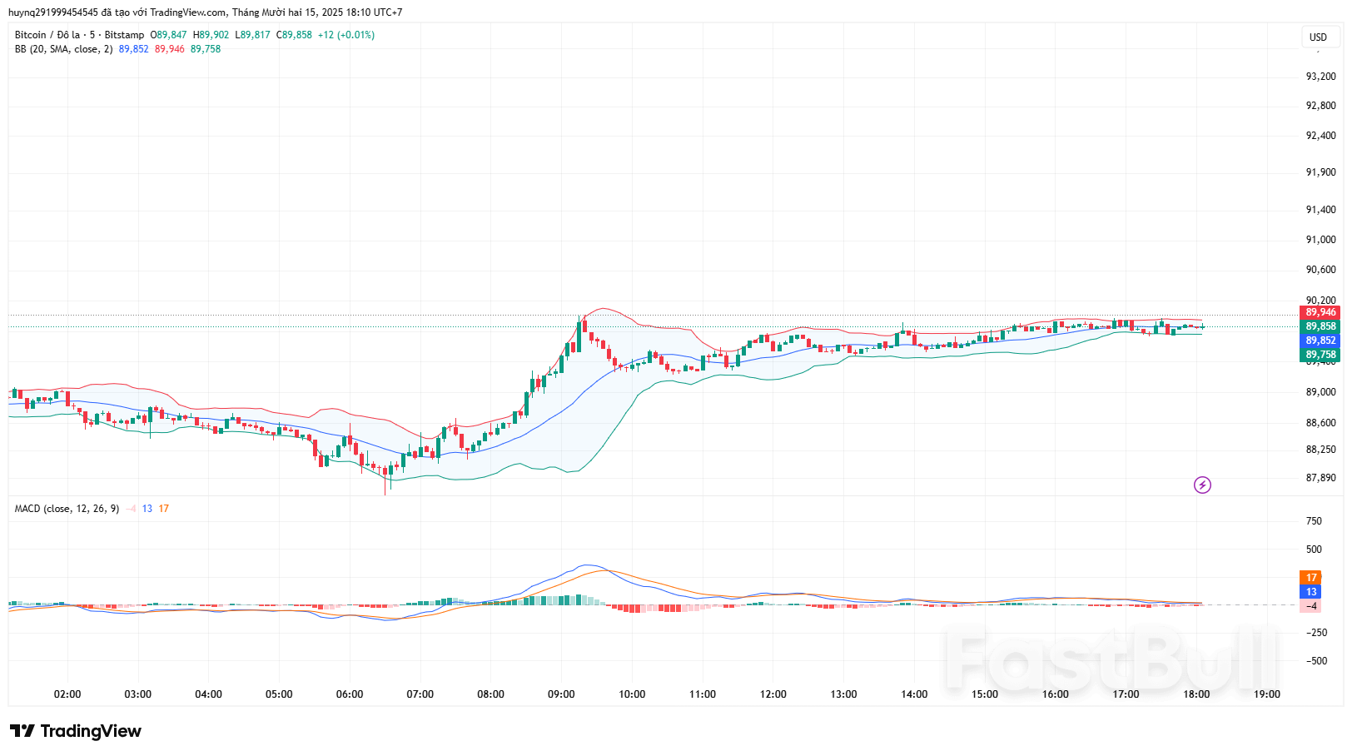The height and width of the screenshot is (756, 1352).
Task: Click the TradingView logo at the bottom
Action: click(x=76, y=731)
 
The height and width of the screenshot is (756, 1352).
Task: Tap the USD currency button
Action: click(x=1318, y=37)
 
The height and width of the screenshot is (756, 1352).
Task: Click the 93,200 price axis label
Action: click(x=1320, y=77)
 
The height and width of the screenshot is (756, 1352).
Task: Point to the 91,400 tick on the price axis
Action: click(x=1320, y=210)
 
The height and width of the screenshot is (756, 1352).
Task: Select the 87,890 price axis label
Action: click(x=1320, y=478)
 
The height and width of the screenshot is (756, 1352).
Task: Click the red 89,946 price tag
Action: click(x=1320, y=312)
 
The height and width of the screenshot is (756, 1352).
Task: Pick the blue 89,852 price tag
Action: click(x=1320, y=341)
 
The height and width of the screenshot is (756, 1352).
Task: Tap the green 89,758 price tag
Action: click(x=1320, y=355)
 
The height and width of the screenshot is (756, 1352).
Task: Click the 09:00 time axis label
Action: click(x=561, y=694)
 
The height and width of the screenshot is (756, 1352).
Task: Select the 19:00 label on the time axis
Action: click(x=1267, y=694)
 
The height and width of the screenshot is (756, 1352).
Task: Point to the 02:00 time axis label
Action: click(x=67, y=694)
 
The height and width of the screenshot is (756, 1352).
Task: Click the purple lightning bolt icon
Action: click(x=1202, y=485)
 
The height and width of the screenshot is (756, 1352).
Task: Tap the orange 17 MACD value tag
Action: click(x=1311, y=577)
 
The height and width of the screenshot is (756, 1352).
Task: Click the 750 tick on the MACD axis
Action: click(x=1314, y=521)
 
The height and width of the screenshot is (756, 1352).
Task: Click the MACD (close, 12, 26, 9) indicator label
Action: click(x=67, y=509)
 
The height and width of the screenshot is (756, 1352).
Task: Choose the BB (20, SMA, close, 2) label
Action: click(x=63, y=49)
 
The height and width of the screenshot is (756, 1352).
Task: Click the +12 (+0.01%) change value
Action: click(x=346, y=35)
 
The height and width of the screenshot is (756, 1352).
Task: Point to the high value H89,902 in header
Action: click(x=211, y=35)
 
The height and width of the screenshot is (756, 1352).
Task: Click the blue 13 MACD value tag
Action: click(x=1311, y=592)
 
